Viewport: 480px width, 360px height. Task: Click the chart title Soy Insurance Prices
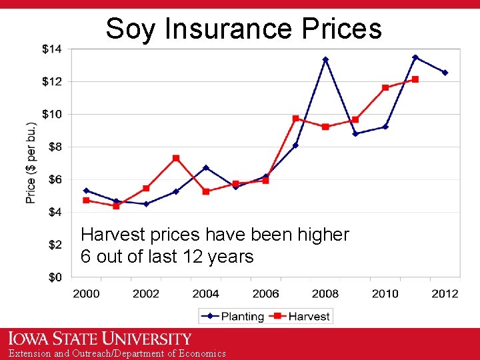(x=243, y=29)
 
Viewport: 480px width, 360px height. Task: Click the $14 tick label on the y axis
(x=52, y=49)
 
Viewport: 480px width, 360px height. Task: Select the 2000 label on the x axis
(x=86, y=293)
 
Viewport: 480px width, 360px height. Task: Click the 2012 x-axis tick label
(x=445, y=293)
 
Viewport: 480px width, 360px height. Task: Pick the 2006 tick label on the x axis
(x=265, y=293)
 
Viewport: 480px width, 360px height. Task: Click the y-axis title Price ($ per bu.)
(x=31, y=163)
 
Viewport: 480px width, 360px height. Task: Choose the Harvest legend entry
(x=302, y=316)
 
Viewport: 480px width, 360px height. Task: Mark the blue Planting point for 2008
(x=325, y=59)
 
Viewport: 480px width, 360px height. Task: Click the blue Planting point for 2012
(x=445, y=73)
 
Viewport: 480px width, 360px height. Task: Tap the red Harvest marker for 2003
(x=176, y=158)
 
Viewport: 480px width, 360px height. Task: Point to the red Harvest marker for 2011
(x=415, y=79)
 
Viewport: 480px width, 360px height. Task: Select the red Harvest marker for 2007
(x=295, y=118)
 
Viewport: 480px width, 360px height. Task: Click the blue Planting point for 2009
(x=355, y=133)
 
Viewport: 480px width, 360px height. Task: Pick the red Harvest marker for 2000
(x=86, y=200)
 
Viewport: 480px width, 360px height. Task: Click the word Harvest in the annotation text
(x=108, y=235)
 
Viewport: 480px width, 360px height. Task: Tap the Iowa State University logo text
(x=100, y=339)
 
